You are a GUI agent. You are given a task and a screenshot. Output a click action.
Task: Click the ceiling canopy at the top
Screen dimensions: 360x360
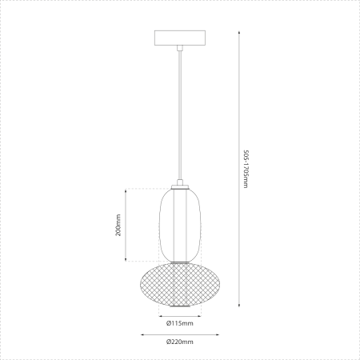pos(180,38)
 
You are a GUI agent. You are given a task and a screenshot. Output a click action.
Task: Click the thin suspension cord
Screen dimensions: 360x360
pos(180,112)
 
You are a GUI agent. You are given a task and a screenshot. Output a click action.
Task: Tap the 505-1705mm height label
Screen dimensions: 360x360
pos(246,169)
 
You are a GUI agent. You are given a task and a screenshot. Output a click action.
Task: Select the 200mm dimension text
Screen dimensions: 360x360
pos(118,225)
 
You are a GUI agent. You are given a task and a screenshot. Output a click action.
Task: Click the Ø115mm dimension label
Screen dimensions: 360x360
pos(179,323)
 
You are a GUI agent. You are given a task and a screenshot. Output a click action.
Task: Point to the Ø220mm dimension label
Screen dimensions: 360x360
pos(180,342)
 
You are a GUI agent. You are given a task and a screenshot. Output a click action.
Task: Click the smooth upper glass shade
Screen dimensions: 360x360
pos(180,224)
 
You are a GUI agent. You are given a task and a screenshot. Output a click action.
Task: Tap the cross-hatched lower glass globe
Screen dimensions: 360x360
pos(180,283)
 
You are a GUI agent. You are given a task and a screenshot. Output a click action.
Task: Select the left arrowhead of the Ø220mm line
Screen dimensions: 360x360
pos(143,334)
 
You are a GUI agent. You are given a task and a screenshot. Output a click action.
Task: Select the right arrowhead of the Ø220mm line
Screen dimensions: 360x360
pos(217,334)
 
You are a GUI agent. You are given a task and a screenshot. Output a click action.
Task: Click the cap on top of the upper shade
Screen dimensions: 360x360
pos(180,186)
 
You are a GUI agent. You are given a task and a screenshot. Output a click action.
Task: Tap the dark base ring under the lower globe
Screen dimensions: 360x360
pos(180,305)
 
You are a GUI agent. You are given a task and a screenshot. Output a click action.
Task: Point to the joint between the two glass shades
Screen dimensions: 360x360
pos(180,261)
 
